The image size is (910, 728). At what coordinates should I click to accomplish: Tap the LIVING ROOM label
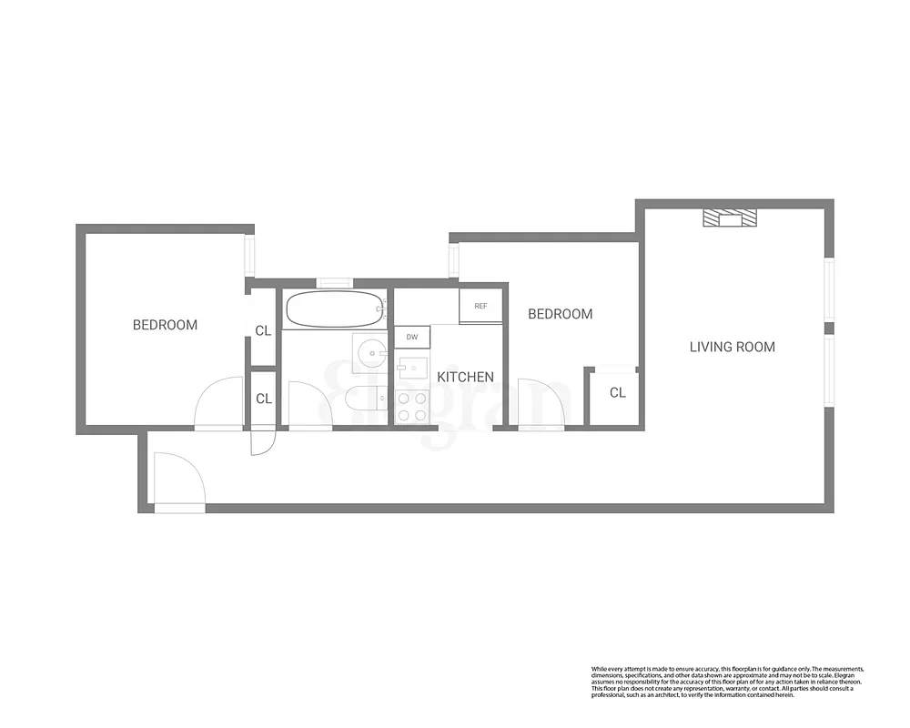click(732, 347)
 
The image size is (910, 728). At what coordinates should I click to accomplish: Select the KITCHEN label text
click(465, 377)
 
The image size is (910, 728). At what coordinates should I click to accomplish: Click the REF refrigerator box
click(480, 306)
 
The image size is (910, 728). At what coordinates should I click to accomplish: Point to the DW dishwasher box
click(412, 337)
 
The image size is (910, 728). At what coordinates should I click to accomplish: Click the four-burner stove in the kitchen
click(412, 406)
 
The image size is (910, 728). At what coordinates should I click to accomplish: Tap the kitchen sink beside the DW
click(412, 369)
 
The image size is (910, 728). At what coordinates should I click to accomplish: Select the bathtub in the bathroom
click(334, 309)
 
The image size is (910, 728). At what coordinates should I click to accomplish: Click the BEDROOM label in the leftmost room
click(165, 325)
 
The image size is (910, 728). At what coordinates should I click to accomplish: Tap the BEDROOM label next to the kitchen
click(560, 314)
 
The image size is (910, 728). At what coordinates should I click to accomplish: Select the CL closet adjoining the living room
click(616, 394)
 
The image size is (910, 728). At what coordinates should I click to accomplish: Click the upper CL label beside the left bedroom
click(263, 331)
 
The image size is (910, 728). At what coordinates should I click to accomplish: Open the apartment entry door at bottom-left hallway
click(178, 480)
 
